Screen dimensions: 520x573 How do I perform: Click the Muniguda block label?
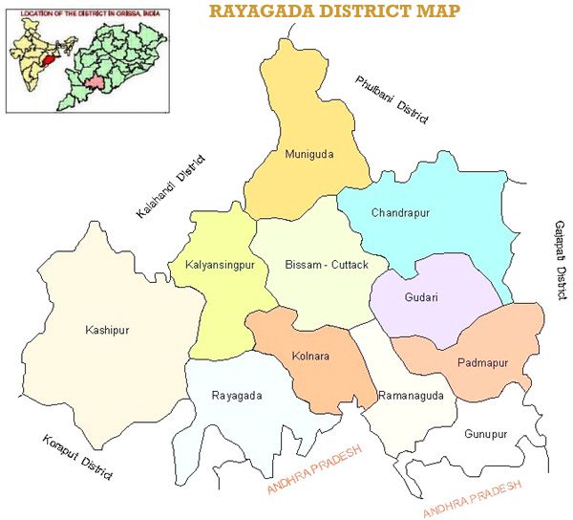309,153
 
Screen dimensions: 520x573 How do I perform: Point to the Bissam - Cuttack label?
320,263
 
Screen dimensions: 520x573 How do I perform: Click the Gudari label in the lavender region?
420,297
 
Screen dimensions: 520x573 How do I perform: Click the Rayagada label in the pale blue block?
236,395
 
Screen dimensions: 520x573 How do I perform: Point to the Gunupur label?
485,434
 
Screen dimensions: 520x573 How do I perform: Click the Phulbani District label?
393,99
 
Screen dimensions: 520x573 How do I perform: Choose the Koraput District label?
78,458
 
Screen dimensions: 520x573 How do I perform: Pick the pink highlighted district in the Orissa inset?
93,84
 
